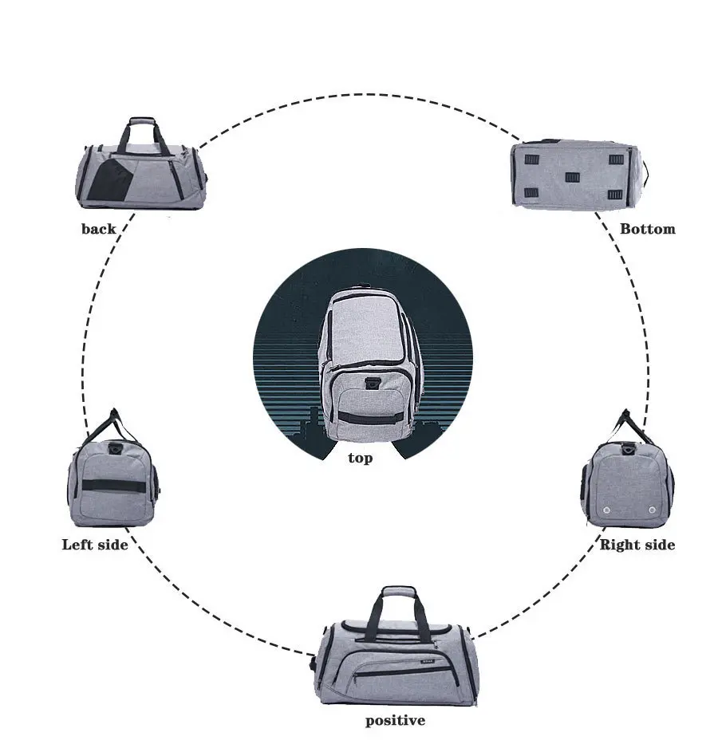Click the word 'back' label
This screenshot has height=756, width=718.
pos(98,229)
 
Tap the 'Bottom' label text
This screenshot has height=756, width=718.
pos(647,229)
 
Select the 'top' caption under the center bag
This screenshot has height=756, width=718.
pos(360,459)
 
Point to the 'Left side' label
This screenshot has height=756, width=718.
pos(95,545)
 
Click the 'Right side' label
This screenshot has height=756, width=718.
pos(637,545)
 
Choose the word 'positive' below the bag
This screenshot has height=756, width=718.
pos(395,721)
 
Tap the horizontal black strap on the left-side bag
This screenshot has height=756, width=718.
pos(115,485)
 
